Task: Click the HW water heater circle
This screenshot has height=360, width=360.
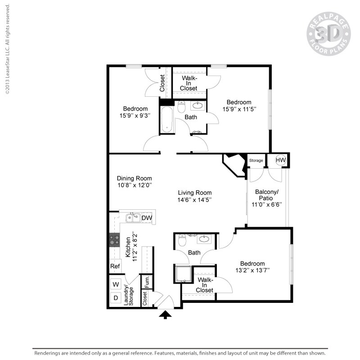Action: pyautogui.click(x=281, y=160)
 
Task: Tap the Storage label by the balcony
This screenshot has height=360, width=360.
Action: pyautogui.click(x=256, y=161)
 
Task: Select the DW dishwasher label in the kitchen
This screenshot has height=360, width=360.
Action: pyautogui.click(x=147, y=218)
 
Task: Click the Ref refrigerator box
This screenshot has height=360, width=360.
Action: pyautogui.click(x=115, y=266)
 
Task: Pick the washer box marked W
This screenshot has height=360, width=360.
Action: pyautogui.click(x=116, y=284)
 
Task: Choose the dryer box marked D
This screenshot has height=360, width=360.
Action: pyautogui.click(x=116, y=298)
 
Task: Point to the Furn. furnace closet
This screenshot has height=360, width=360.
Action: pyautogui.click(x=146, y=281)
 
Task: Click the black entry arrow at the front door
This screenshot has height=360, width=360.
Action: pyautogui.click(x=166, y=314)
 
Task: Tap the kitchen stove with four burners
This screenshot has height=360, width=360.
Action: pyautogui.click(x=115, y=240)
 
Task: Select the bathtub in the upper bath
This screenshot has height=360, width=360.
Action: pyautogui.click(x=167, y=119)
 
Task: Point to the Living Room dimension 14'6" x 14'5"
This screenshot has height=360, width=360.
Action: pyautogui.click(x=194, y=199)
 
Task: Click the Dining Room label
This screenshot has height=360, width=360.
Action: pyautogui.click(x=134, y=178)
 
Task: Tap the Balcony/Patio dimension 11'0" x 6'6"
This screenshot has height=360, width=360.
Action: pyautogui.click(x=266, y=204)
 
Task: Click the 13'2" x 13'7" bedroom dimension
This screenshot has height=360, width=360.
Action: pyautogui.click(x=252, y=270)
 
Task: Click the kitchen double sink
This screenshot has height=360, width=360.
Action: pyautogui.click(x=133, y=218)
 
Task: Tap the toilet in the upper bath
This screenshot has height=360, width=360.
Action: pyautogui.click(x=181, y=108)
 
